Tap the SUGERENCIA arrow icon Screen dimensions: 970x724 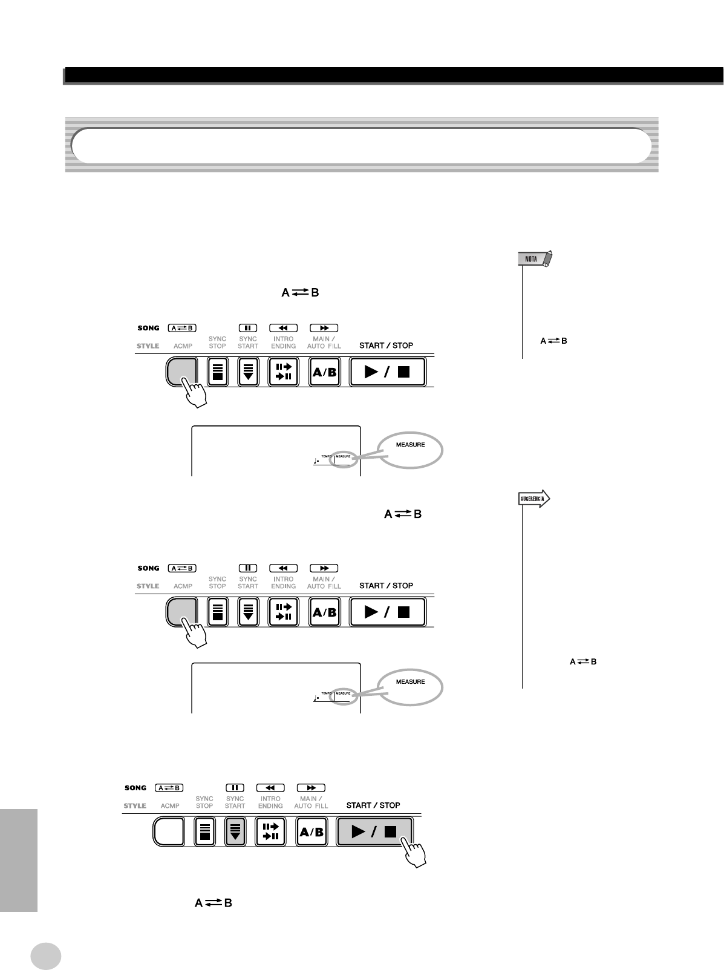(534, 499)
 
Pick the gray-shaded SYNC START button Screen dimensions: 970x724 (235, 832)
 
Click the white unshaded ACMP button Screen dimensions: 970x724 (169, 832)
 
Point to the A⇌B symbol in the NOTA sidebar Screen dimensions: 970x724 (553, 341)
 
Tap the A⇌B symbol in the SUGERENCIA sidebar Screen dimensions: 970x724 (583, 662)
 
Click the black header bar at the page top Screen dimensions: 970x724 (393, 75)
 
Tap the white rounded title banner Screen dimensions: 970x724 (360, 145)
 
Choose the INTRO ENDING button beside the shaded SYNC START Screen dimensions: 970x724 (270, 832)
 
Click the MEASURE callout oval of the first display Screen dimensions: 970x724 (410, 450)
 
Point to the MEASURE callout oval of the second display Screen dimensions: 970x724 (410, 686)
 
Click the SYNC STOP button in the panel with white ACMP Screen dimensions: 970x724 (204, 832)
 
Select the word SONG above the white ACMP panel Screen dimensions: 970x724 (135, 788)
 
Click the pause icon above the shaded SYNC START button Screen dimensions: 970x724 (235, 788)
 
